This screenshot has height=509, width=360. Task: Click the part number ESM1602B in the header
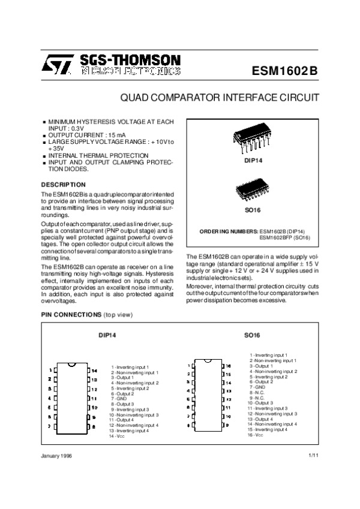click(x=285, y=70)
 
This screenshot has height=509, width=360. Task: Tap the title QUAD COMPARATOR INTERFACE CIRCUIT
click(x=220, y=98)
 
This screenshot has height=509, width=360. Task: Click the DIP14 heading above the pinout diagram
click(x=107, y=335)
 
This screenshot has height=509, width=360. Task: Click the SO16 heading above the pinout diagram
click(x=252, y=335)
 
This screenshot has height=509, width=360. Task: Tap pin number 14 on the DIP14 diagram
click(x=94, y=371)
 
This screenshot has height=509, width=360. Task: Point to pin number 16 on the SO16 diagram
click(x=229, y=365)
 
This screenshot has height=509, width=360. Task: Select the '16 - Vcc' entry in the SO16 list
click(x=256, y=435)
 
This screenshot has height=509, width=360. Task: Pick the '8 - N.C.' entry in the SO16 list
click(x=257, y=392)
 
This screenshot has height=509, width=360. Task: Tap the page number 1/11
click(x=311, y=457)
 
